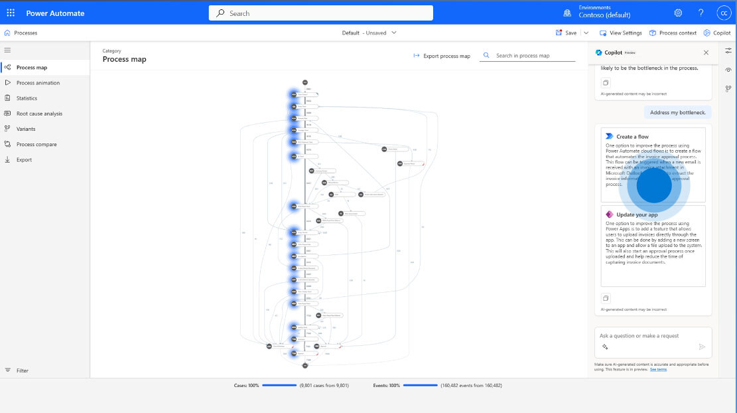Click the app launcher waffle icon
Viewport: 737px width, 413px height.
point(11,13)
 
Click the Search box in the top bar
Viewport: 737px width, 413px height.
point(320,13)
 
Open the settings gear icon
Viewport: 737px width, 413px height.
point(678,13)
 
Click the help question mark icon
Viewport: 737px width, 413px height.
point(701,13)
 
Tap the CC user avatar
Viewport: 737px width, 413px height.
point(723,13)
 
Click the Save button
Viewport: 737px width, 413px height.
point(566,33)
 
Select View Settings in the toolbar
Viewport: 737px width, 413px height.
point(621,33)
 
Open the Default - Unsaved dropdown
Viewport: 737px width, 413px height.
point(369,33)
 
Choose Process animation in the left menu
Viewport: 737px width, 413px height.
point(38,83)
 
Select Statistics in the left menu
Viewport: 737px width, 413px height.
point(27,98)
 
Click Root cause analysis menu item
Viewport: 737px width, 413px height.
point(39,114)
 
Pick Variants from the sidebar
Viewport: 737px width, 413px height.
point(26,129)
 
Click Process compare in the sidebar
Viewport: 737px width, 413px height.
point(36,144)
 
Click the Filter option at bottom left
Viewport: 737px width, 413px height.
point(22,371)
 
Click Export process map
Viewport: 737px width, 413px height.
point(442,56)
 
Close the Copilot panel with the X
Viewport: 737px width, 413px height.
point(706,52)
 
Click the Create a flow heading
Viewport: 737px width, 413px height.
point(632,136)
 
